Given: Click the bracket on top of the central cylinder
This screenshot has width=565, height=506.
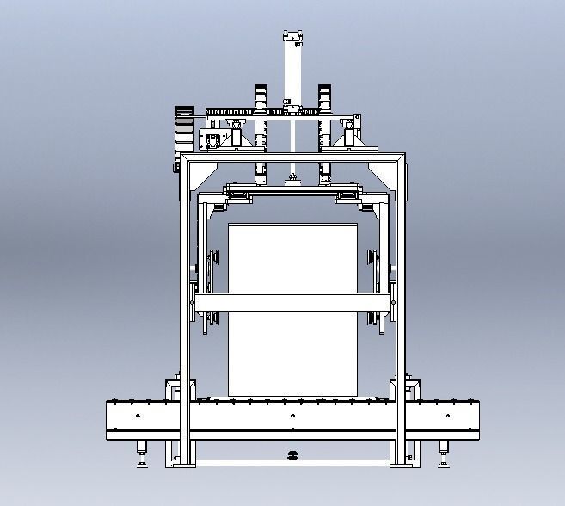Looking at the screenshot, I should [293, 37].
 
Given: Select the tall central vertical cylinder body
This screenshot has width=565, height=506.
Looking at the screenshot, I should [293, 73].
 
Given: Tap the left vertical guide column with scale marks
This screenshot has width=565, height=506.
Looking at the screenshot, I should [261, 129].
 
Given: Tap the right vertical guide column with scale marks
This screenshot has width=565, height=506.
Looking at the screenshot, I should [325, 129].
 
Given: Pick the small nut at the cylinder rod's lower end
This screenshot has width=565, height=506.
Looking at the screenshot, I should [293, 178].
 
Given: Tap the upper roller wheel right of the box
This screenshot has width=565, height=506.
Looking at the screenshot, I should [373, 259].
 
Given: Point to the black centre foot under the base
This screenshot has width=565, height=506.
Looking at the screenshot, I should [292, 454].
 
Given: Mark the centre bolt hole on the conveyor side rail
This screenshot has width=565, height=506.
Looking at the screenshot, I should [292, 417].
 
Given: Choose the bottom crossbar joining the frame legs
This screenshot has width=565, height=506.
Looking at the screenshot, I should [292, 463].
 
